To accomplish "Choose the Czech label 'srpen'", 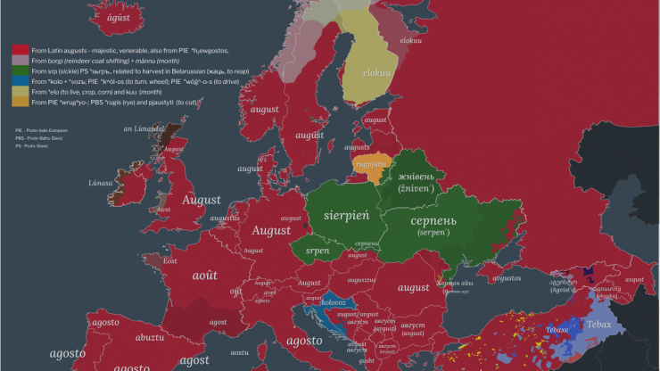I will [x=318, y=251].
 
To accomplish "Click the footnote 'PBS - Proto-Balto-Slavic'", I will [x=34, y=137].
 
